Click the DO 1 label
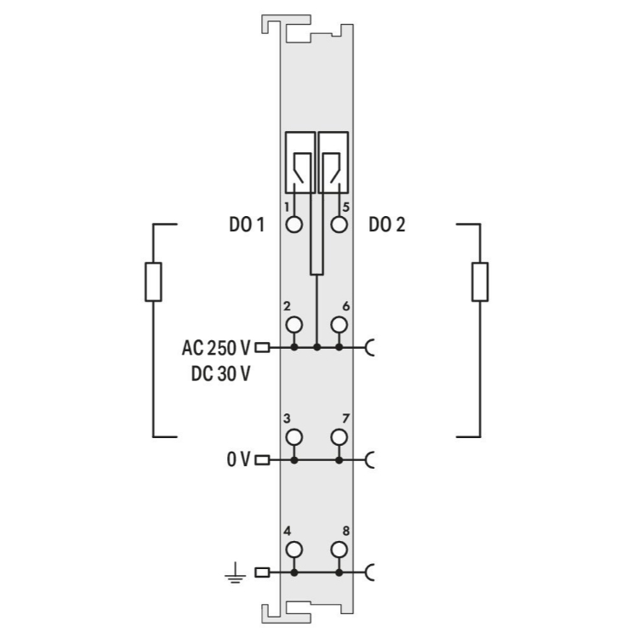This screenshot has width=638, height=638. [x=247, y=225]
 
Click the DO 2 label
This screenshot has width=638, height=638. [x=387, y=225]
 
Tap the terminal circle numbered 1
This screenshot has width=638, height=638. [x=293, y=225]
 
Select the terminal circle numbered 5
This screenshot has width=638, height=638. [x=339, y=225]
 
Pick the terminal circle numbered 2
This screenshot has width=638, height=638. [x=293, y=325]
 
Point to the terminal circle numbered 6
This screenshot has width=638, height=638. [x=339, y=325]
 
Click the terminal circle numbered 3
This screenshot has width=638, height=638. [x=293, y=437]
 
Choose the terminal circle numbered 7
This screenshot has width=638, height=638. [x=339, y=437]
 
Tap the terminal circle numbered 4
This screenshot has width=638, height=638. [x=293, y=550]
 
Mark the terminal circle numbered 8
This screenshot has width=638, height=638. [x=339, y=550]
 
